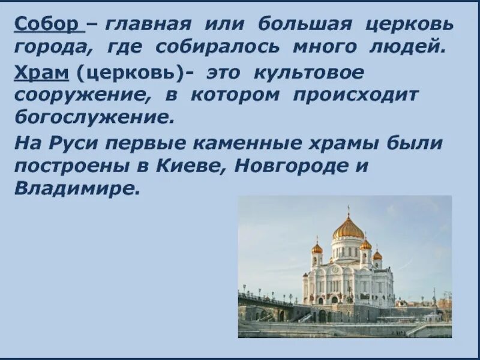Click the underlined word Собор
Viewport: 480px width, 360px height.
click(x=46, y=25)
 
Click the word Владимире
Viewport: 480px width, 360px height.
click(x=76, y=188)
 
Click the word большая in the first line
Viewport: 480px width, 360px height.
click(x=304, y=25)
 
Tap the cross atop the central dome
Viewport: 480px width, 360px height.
click(x=348, y=210)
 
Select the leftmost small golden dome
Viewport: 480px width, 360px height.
click(x=317, y=247)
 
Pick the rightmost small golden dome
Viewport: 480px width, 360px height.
click(x=377, y=254)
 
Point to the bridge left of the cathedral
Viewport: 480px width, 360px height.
click(x=264, y=300)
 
